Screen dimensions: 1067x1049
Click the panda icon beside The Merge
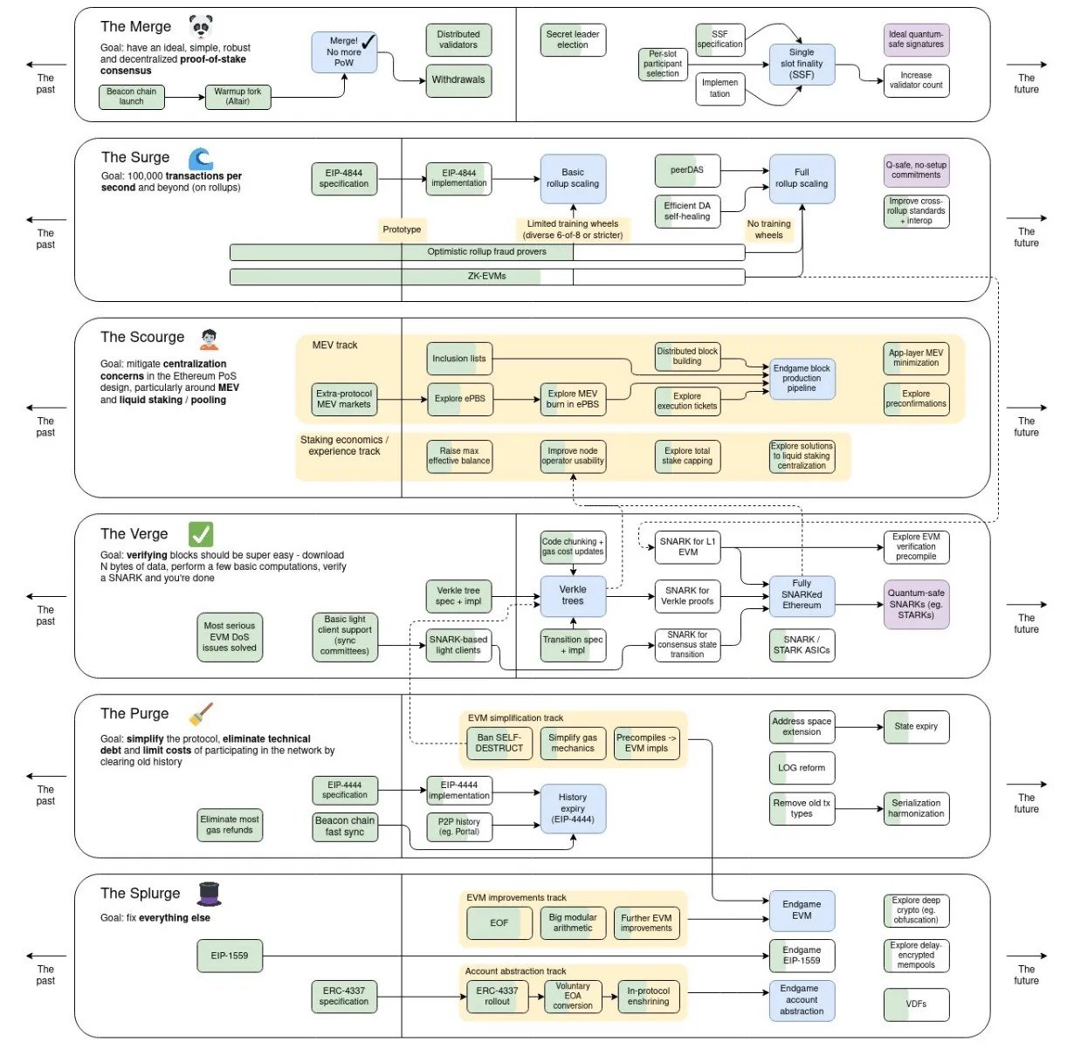click(201, 26)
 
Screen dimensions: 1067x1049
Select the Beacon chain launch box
click(132, 96)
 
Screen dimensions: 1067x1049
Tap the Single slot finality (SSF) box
click(802, 64)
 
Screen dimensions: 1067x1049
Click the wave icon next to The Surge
click(201, 158)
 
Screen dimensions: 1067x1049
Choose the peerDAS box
click(687, 170)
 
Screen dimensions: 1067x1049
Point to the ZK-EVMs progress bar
click(487, 277)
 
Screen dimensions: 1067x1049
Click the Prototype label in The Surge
click(402, 230)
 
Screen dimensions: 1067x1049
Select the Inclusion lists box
click(459, 358)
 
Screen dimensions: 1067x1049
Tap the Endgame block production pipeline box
click(802, 378)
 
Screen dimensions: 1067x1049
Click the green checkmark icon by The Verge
click(201, 533)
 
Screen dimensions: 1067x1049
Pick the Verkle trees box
click(573, 596)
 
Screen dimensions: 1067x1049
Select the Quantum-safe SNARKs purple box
click(916, 604)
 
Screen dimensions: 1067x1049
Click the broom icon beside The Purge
click(201, 714)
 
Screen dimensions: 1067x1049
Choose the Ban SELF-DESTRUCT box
click(499, 743)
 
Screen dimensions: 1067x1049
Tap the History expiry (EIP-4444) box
click(573, 808)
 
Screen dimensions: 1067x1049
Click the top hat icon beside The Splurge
click(210, 894)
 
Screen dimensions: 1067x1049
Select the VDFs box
click(916, 1004)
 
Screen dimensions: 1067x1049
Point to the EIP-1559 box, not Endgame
click(230, 956)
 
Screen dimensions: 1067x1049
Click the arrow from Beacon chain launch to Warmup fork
click(185, 98)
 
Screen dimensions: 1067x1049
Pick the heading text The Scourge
click(142, 337)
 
